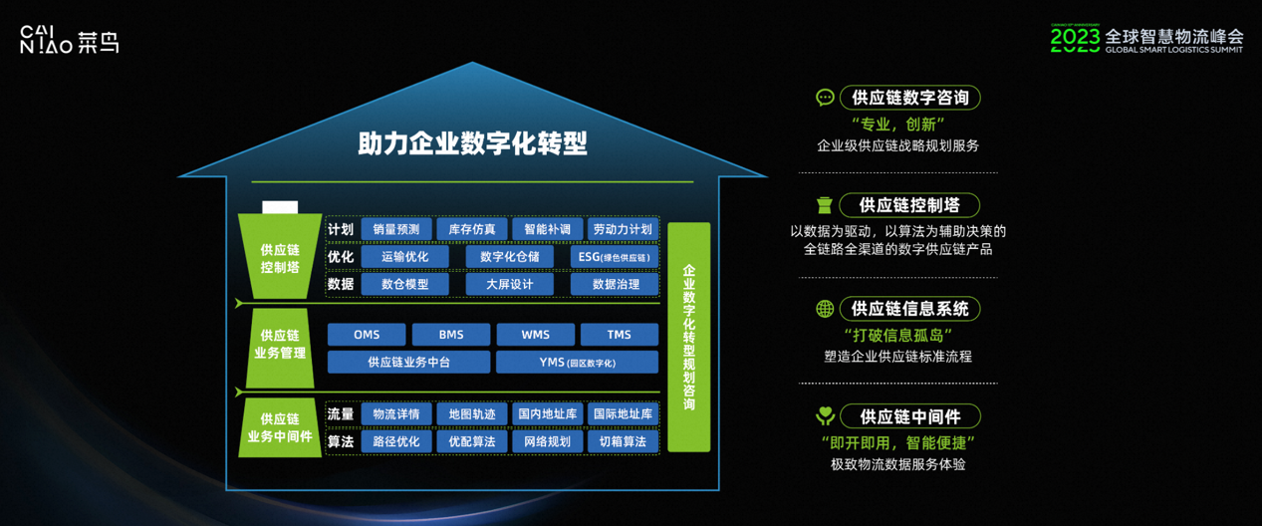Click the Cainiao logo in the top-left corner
click(x=70, y=41)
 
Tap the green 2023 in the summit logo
click(x=1075, y=39)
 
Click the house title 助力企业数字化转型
click(x=472, y=143)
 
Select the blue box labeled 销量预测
click(x=396, y=229)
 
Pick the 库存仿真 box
click(x=472, y=229)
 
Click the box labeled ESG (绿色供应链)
click(x=615, y=257)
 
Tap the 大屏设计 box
click(x=510, y=284)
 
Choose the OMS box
click(x=367, y=335)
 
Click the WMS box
click(x=535, y=335)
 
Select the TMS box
click(x=620, y=335)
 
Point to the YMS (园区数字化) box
click(x=578, y=363)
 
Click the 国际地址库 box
click(x=623, y=413)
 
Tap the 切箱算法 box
click(x=623, y=441)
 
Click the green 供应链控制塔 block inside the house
click(x=280, y=258)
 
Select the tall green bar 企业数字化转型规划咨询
click(x=689, y=337)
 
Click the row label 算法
click(x=341, y=441)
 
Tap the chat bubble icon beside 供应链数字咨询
click(x=825, y=98)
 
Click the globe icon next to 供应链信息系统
click(x=825, y=309)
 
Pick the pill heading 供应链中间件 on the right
click(x=910, y=416)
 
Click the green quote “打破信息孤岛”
click(x=897, y=335)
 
